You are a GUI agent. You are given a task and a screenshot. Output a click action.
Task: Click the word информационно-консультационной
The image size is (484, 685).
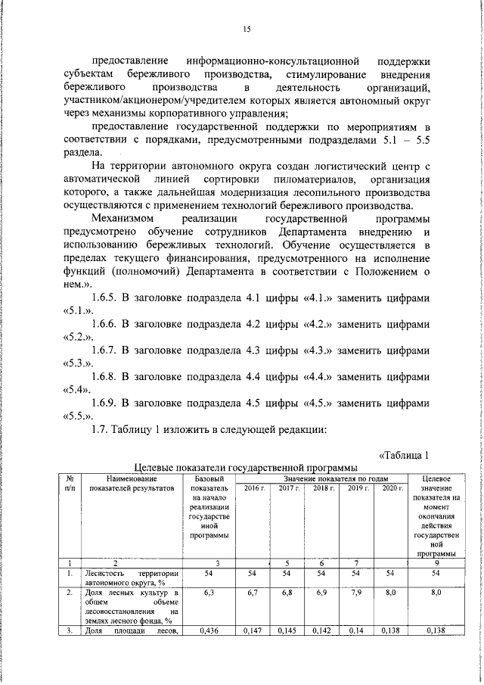[x=270, y=61]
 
